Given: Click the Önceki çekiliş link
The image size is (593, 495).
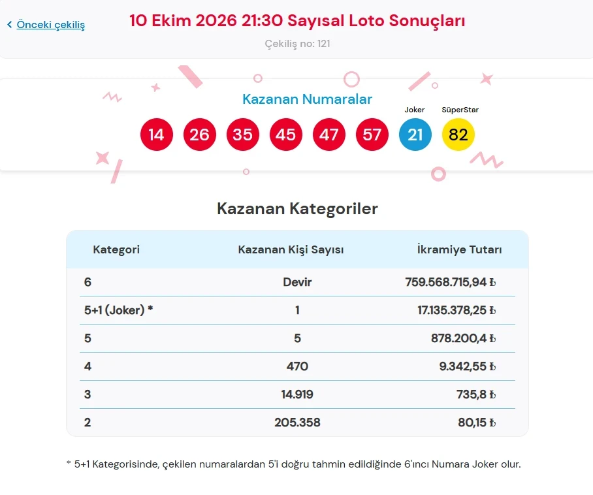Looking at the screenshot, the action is [50, 25].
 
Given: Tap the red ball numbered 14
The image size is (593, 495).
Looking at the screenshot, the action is [157, 135].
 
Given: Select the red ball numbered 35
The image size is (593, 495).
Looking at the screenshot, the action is [243, 135].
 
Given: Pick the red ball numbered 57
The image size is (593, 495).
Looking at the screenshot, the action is [372, 135].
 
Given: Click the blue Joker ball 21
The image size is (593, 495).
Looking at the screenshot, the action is [415, 135].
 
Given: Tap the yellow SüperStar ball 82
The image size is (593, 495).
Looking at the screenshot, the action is [458, 135].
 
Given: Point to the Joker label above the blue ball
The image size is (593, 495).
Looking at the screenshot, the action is [415, 110].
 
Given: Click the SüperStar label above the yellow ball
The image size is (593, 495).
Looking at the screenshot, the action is [460, 110].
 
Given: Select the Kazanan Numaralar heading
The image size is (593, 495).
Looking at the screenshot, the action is [307, 99].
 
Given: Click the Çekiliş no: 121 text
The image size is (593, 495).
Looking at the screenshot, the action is [297, 44].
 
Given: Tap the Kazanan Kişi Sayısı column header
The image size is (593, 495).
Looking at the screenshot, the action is [291, 249].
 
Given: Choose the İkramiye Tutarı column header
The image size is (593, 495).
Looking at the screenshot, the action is [460, 249].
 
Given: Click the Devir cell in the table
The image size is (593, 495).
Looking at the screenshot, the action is [297, 282].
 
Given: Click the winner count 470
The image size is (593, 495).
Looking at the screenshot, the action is [297, 366].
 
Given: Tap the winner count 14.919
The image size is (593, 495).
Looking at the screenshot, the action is [297, 394].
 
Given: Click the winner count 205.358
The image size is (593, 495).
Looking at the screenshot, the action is [297, 423].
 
